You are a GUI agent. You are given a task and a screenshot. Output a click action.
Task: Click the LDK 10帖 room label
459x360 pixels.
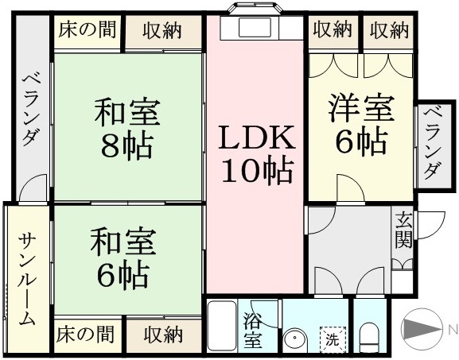click(256, 155)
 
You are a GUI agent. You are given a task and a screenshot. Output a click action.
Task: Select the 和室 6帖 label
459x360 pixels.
click(123, 257)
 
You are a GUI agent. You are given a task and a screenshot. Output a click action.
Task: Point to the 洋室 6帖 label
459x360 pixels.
click(360, 124)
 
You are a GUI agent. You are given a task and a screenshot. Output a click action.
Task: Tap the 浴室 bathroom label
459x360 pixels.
click(252, 331)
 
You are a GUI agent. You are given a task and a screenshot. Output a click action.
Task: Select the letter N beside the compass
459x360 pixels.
click(453, 330)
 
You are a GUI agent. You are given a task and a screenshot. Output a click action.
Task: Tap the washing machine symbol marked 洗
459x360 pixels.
click(333, 339)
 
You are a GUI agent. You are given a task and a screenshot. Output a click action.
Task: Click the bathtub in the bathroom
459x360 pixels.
click(222, 327)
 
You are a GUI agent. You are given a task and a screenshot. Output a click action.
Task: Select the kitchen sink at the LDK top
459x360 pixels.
click(255, 27)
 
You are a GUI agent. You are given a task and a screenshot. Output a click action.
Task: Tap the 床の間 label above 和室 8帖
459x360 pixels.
click(87, 29)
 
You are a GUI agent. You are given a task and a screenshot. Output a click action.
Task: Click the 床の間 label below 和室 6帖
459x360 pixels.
click(85, 335)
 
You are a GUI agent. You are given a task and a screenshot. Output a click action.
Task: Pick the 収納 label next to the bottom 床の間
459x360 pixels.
click(163, 335)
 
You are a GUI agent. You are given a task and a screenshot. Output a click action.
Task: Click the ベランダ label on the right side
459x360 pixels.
click(433, 143)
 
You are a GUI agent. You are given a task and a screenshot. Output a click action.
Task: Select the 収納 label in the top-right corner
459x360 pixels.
click(388, 29)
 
